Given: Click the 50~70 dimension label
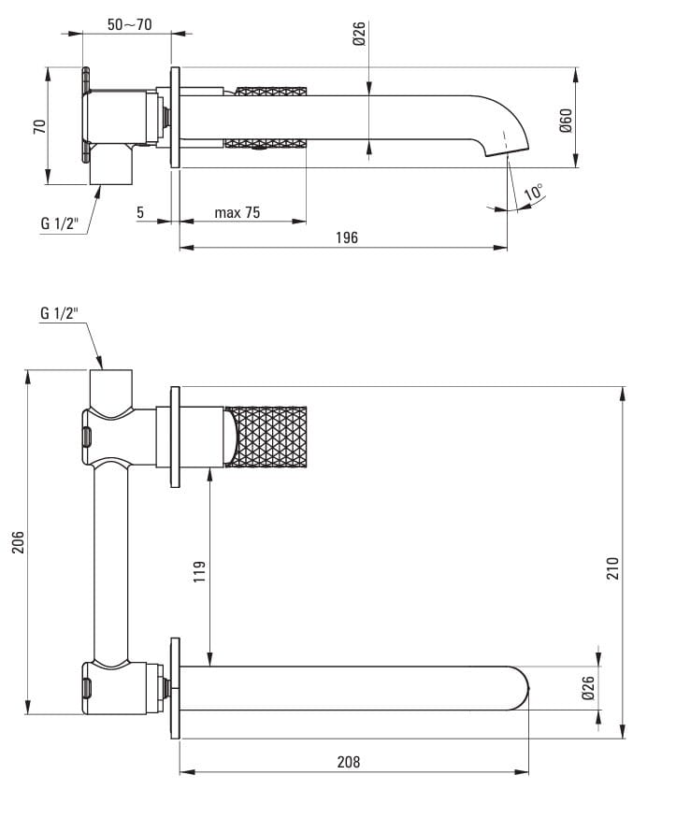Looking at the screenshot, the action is tap(129, 24).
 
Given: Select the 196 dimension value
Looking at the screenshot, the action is tap(347, 237).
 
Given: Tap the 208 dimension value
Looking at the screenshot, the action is tap(349, 762).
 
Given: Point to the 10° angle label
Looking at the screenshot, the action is tap(533, 192).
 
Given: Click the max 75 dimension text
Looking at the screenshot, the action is tap(237, 212).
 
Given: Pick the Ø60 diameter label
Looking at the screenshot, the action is tap(566, 121).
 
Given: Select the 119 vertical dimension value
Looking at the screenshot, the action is tap(199, 572).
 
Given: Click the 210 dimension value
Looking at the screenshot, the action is tap(612, 568).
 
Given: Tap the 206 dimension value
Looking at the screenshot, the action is tap(19, 542).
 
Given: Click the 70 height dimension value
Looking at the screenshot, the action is tap(39, 127).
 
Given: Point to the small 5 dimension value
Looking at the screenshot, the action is tap(140, 212).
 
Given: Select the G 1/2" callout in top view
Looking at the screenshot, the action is tap(60, 223).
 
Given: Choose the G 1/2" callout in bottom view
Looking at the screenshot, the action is tap(60, 313).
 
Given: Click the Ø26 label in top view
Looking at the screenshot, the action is tap(359, 34).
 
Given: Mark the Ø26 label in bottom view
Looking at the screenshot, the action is tap(588, 688).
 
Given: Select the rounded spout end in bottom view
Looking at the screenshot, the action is tap(520, 688).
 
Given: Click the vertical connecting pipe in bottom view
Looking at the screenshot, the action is tap(110, 561).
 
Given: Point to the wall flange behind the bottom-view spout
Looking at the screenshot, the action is tap(175, 688).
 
